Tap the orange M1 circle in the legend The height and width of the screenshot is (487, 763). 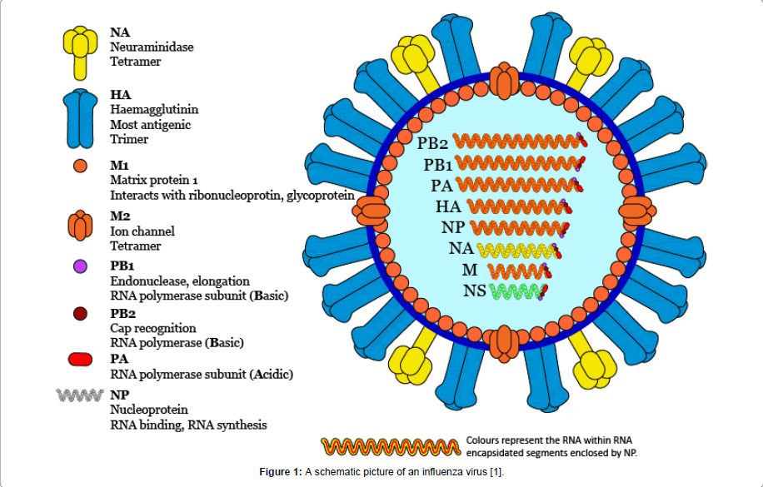tap(80, 166)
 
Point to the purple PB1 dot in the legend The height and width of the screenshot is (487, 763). tap(80, 267)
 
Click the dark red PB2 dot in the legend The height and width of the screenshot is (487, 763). tap(80, 313)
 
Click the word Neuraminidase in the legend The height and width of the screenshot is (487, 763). tap(152, 47)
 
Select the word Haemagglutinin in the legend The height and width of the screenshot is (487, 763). tap(154, 109)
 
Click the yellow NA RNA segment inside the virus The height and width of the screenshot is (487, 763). tap(517, 249)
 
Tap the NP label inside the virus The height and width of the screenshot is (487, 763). tap(454, 227)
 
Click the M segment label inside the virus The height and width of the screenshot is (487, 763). tap(471, 270)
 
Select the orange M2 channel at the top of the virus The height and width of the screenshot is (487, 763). tap(503, 82)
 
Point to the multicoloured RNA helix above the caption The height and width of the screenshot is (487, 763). tap(390, 447)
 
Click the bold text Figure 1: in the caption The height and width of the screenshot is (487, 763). tap(281, 473)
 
